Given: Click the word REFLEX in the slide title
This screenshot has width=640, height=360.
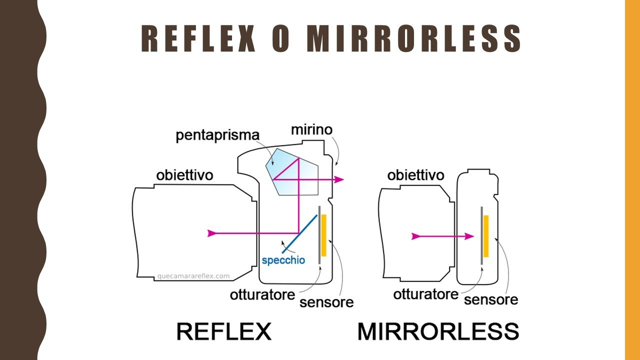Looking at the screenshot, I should tap(198, 38).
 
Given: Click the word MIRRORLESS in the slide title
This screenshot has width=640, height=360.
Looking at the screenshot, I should tap(414, 38).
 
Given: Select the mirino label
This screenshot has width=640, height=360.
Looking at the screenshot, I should tap(311, 130).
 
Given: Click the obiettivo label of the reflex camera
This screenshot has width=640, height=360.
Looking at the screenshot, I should tap(184, 175).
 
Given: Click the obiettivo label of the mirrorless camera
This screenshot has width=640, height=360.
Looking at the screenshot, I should tap(415, 175).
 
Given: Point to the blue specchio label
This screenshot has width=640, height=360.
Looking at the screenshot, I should tap(283, 260).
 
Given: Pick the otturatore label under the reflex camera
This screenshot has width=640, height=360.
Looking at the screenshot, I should tap(262, 294).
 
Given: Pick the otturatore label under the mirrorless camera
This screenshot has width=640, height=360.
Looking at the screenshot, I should tap(425, 294).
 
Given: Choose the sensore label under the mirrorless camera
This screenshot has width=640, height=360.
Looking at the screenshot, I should tap(490, 299).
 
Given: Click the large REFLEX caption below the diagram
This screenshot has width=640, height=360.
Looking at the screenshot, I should tap(224, 331).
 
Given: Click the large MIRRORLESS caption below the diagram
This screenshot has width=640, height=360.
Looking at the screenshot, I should tap(438, 331).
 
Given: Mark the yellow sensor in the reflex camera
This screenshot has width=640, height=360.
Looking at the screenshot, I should tap(324, 235).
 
